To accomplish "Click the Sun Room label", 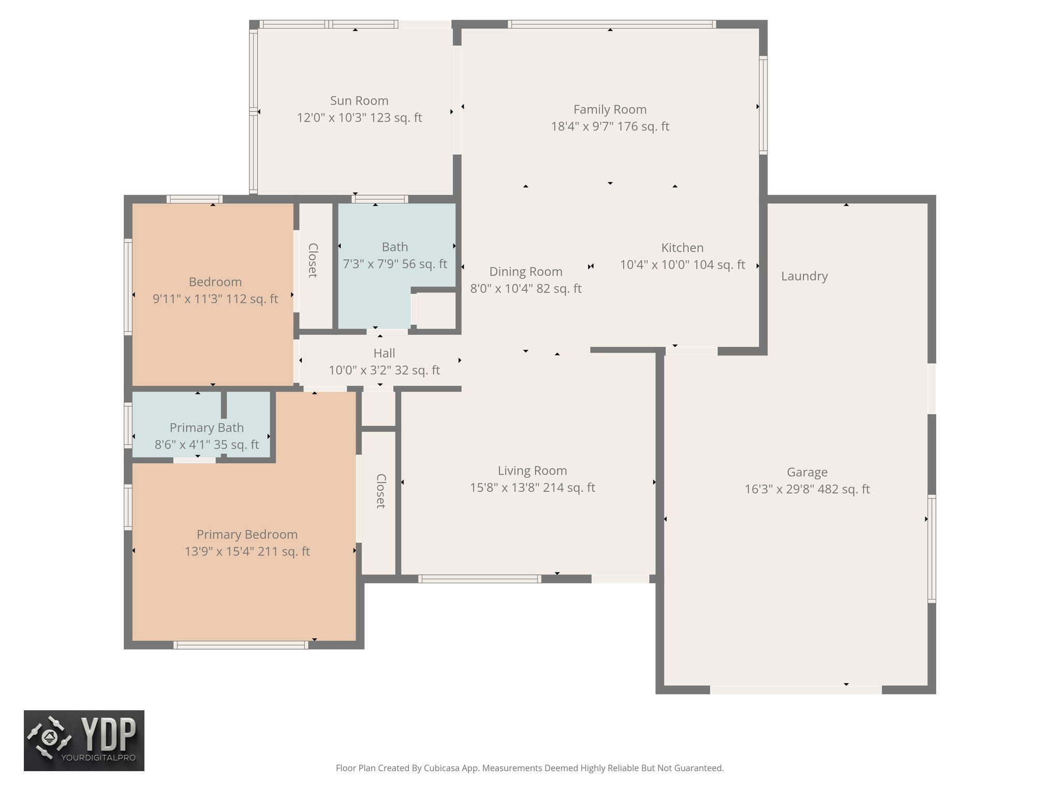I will pyautogui.click(x=359, y=101).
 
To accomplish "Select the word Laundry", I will pyautogui.click(x=804, y=276).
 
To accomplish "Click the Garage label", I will pyautogui.click(x=807, y=472).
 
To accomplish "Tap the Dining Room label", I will pyautogui.click(x=525, y=272).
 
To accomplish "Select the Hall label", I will pyautogui.click(x=384, y=354).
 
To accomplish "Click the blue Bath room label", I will pyautogui.click(x=395, y=247).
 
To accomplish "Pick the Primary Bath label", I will pyautogui.click(x=207, y=428).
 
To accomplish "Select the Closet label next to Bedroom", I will pyautogui.click(x=313, y=260).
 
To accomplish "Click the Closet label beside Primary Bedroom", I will pyautogui.click(x=380, y=491).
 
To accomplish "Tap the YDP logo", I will pyautogui.click(x=84, y=740).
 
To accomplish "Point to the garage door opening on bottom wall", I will pyautogui.click(x=795, y=690).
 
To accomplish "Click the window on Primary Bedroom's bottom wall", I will pyautogui.click(x=241, y=645).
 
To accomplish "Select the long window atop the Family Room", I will pyautogui.click(x=611, y=24).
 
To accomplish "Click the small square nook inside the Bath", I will pyautogui.click(x=436, y=311).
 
